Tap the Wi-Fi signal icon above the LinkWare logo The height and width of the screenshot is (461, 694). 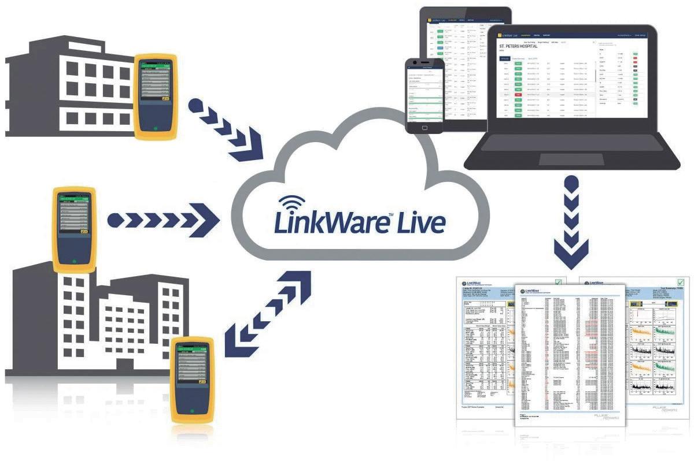291,205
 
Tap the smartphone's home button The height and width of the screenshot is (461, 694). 425,127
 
